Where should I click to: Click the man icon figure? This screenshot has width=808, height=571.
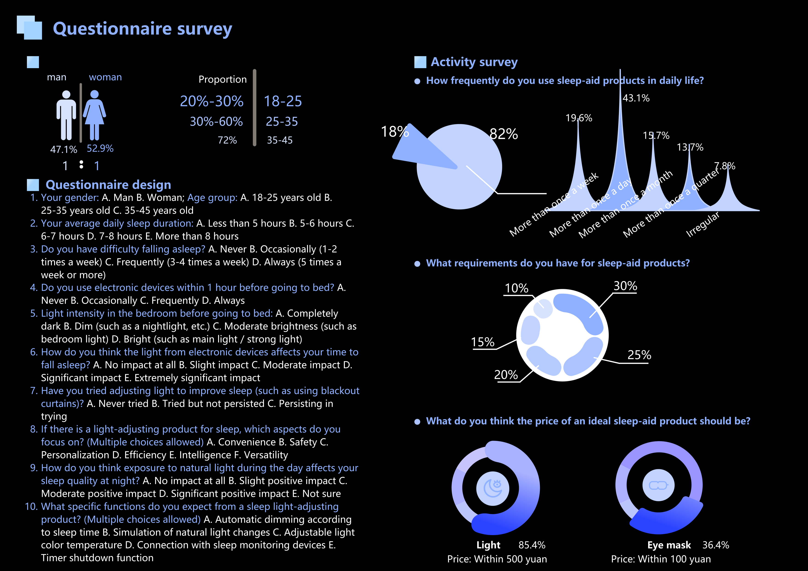pos(66,115)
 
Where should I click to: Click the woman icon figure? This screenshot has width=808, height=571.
pos(94,115)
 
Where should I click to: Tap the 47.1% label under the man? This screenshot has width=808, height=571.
pos(64,149)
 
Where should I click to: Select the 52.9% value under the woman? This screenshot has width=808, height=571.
pos(100,149)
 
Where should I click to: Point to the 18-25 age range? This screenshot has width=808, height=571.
pos(283,101)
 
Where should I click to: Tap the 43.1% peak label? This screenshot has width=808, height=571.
pos(636,98)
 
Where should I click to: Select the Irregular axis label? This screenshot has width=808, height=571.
pos(703,225)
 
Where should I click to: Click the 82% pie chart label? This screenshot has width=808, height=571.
pos(504,134)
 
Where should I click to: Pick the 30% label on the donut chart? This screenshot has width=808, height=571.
pos(625,286)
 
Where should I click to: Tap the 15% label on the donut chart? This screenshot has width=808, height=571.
pos(483,342)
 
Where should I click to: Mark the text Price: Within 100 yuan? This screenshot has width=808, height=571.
pos(661,559)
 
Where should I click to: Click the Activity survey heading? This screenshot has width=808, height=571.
pos(474,62)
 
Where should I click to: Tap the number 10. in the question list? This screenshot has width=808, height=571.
pos(31,507)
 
